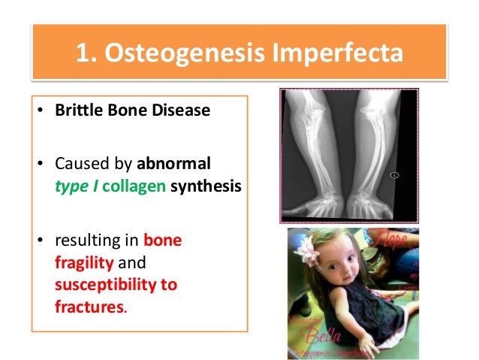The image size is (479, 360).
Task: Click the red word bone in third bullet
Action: click(163, 241)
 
